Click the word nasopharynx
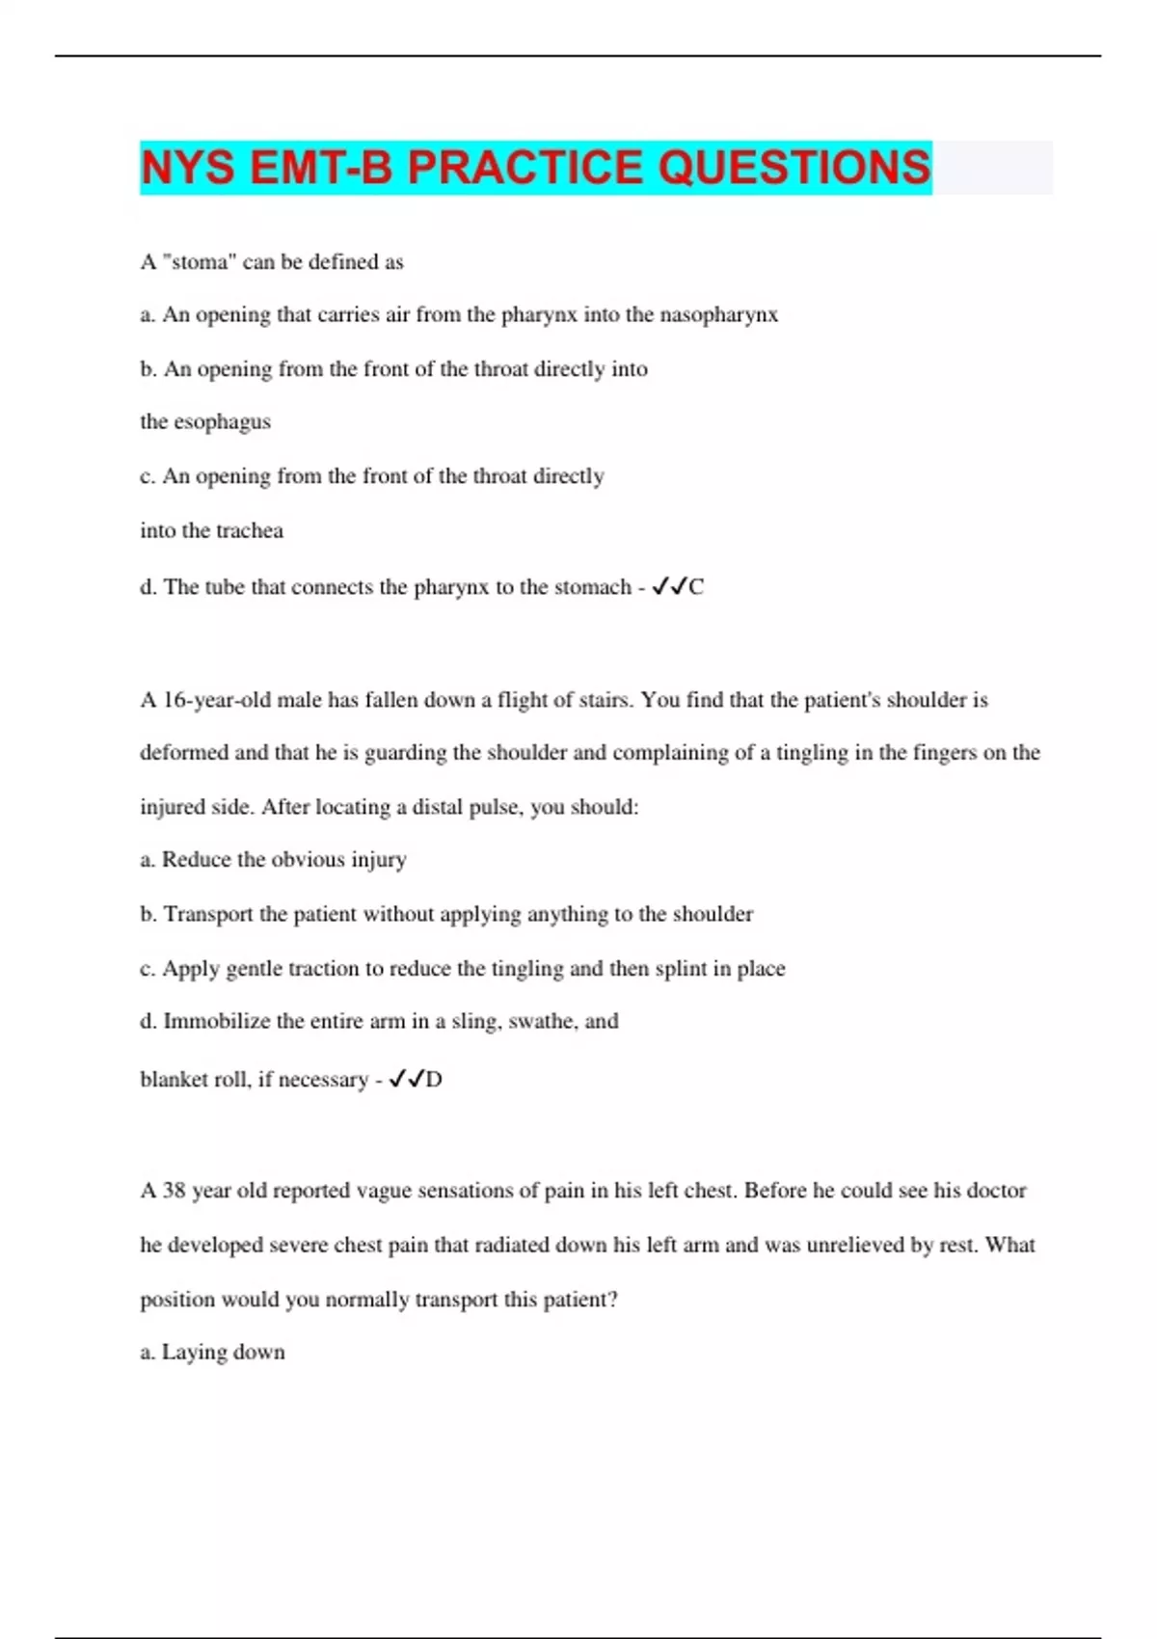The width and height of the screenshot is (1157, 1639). coord(718,315)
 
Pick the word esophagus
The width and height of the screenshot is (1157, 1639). coord(222,422)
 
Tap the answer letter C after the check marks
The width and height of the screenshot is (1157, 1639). coord(696,587)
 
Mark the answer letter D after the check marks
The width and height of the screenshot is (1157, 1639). coord(434,1080)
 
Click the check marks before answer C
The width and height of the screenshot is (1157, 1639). coord(669,586)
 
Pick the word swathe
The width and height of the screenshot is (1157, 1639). coord(542,1021)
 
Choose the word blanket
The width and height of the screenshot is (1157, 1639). coord(175,1080)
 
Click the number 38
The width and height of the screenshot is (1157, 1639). coord(174,1191)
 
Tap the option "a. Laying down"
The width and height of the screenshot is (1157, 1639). coord(212,1353)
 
